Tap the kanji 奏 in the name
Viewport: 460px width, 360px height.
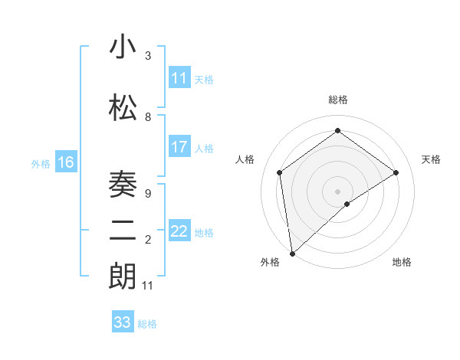[123, 185]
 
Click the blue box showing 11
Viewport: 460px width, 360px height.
[179, 78]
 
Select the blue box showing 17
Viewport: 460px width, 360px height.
[179, 147]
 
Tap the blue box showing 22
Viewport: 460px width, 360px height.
[179, 231]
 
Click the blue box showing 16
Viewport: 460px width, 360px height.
[65, 162]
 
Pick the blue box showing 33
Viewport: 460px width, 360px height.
[123, 322]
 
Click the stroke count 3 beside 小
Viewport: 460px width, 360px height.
[148, 56]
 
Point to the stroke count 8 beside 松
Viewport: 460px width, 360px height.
[148, 116]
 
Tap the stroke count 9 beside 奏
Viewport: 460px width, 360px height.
[148, 193]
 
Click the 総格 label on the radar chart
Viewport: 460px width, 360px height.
[338, 100]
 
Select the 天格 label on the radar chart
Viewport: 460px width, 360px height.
[432, 159]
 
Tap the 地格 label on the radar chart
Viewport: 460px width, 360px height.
[402, 262]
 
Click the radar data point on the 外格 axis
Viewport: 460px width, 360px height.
[292, 253]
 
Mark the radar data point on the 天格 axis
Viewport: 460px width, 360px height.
[396, 172]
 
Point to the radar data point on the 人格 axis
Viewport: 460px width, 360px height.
[280, 172]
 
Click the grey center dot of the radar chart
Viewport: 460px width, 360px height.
[338, 191]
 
